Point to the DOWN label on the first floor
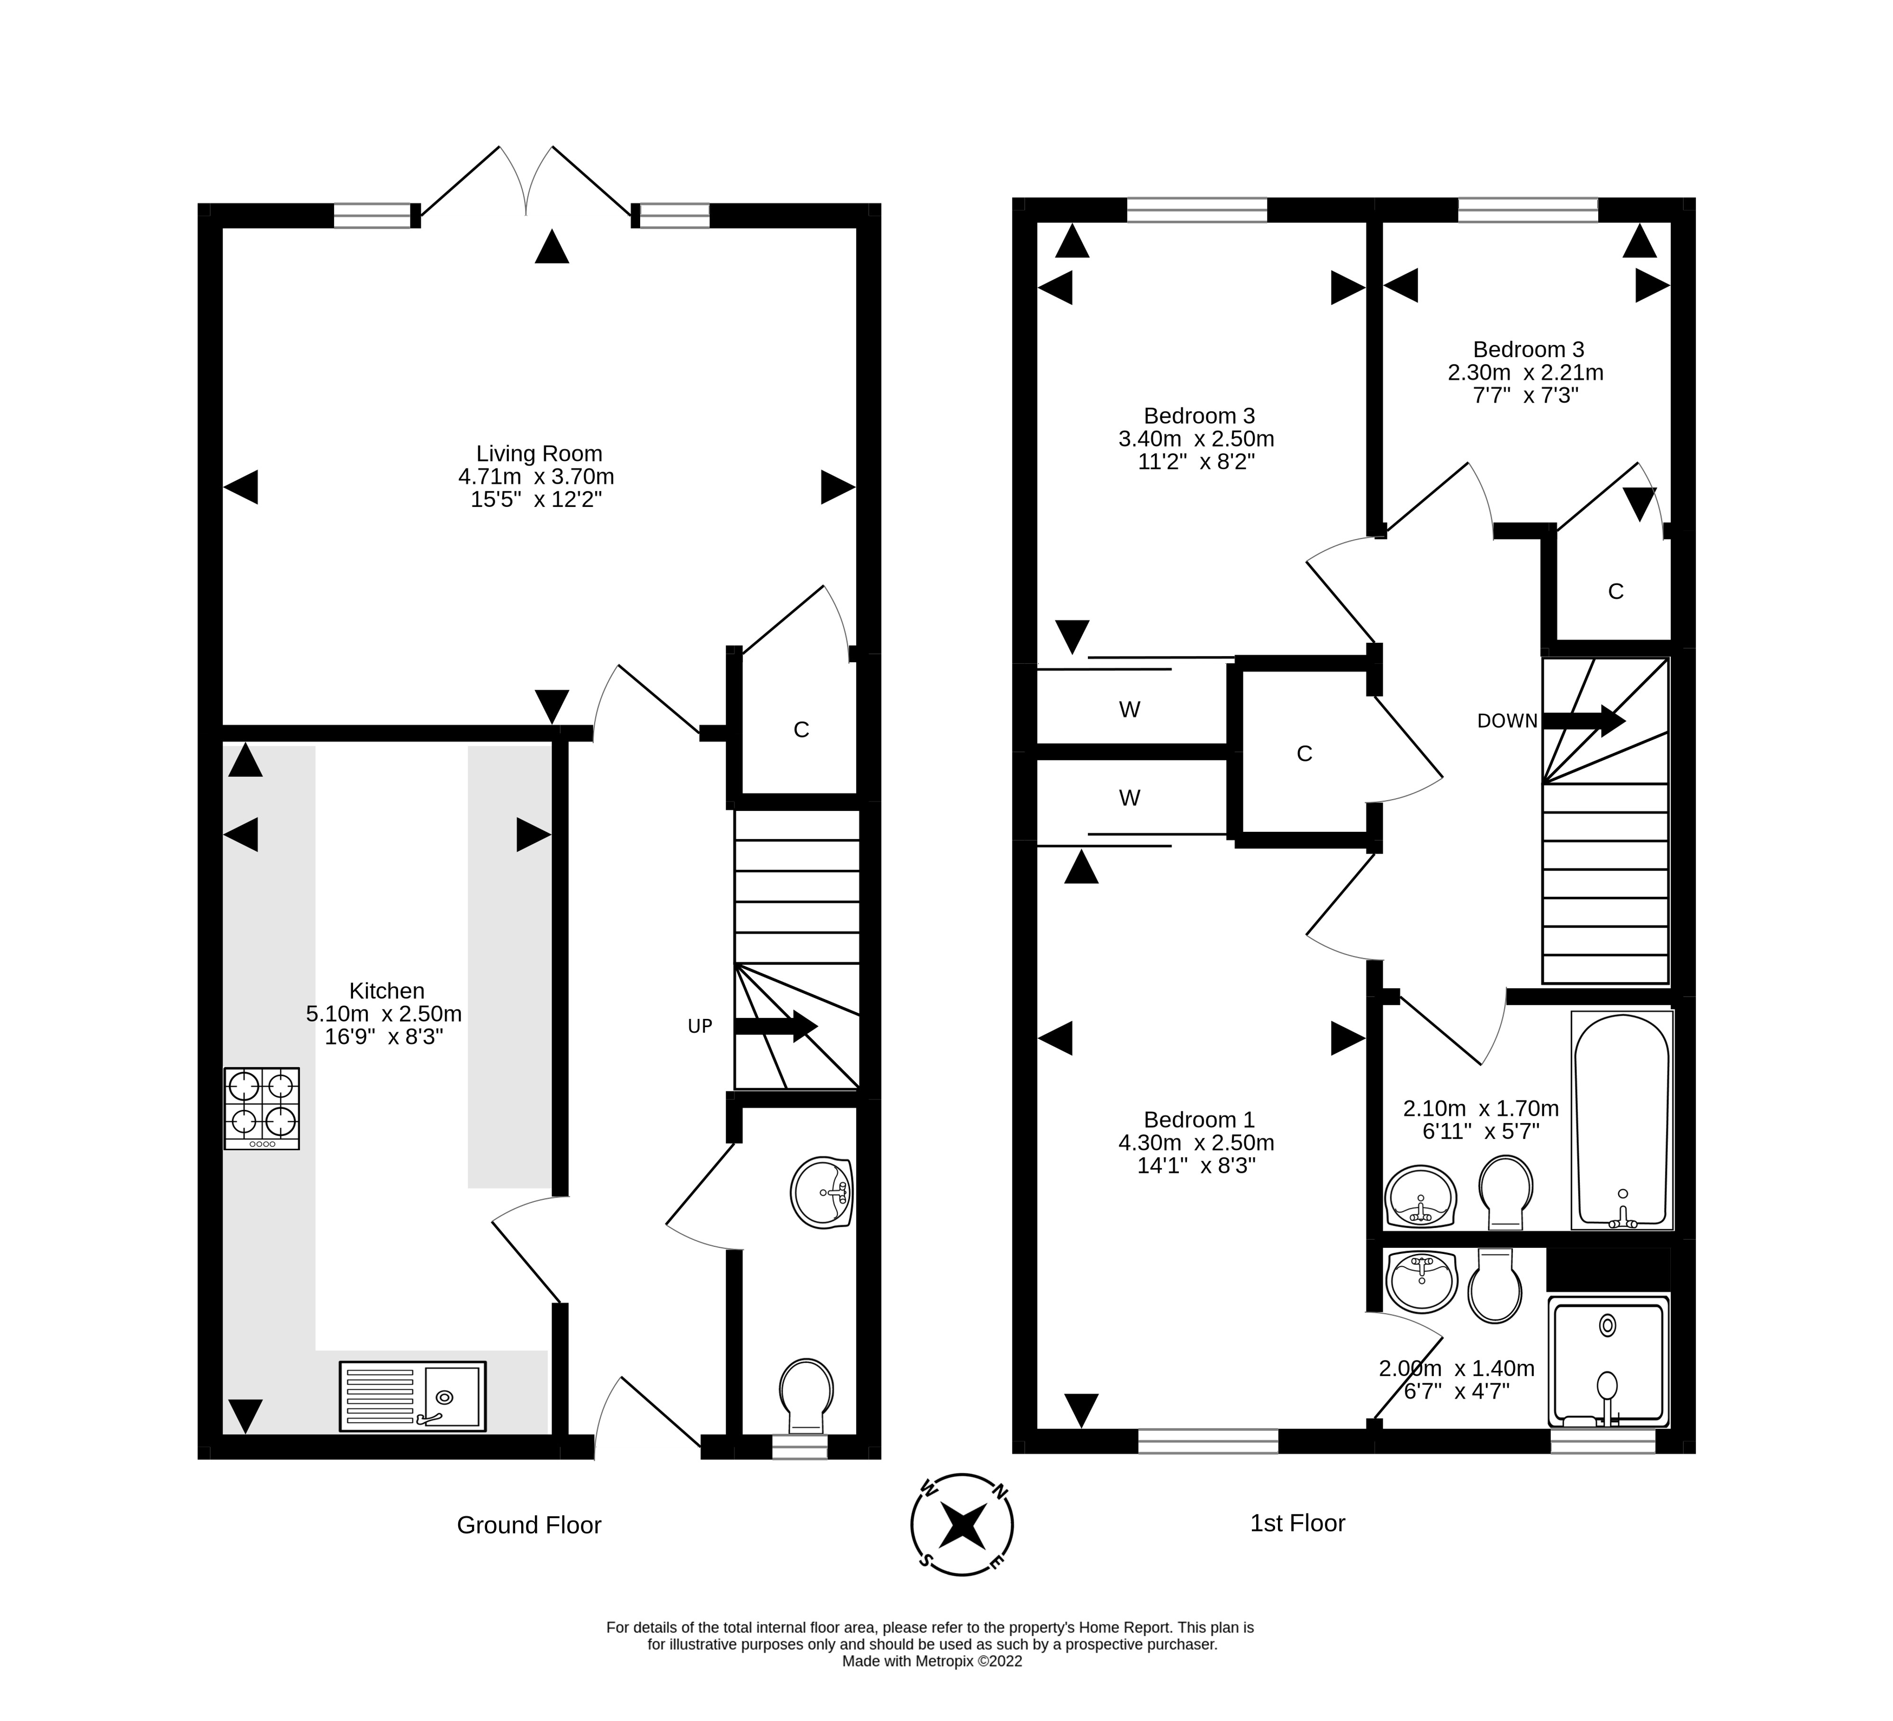(1507, 721)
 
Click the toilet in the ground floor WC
(806, 1392)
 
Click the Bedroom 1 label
(1199, 1120)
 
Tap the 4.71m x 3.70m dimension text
(536, 477)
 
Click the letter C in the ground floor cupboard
(801, 730)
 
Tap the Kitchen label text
(387, 991)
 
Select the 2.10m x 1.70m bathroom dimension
(1481, 1109)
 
